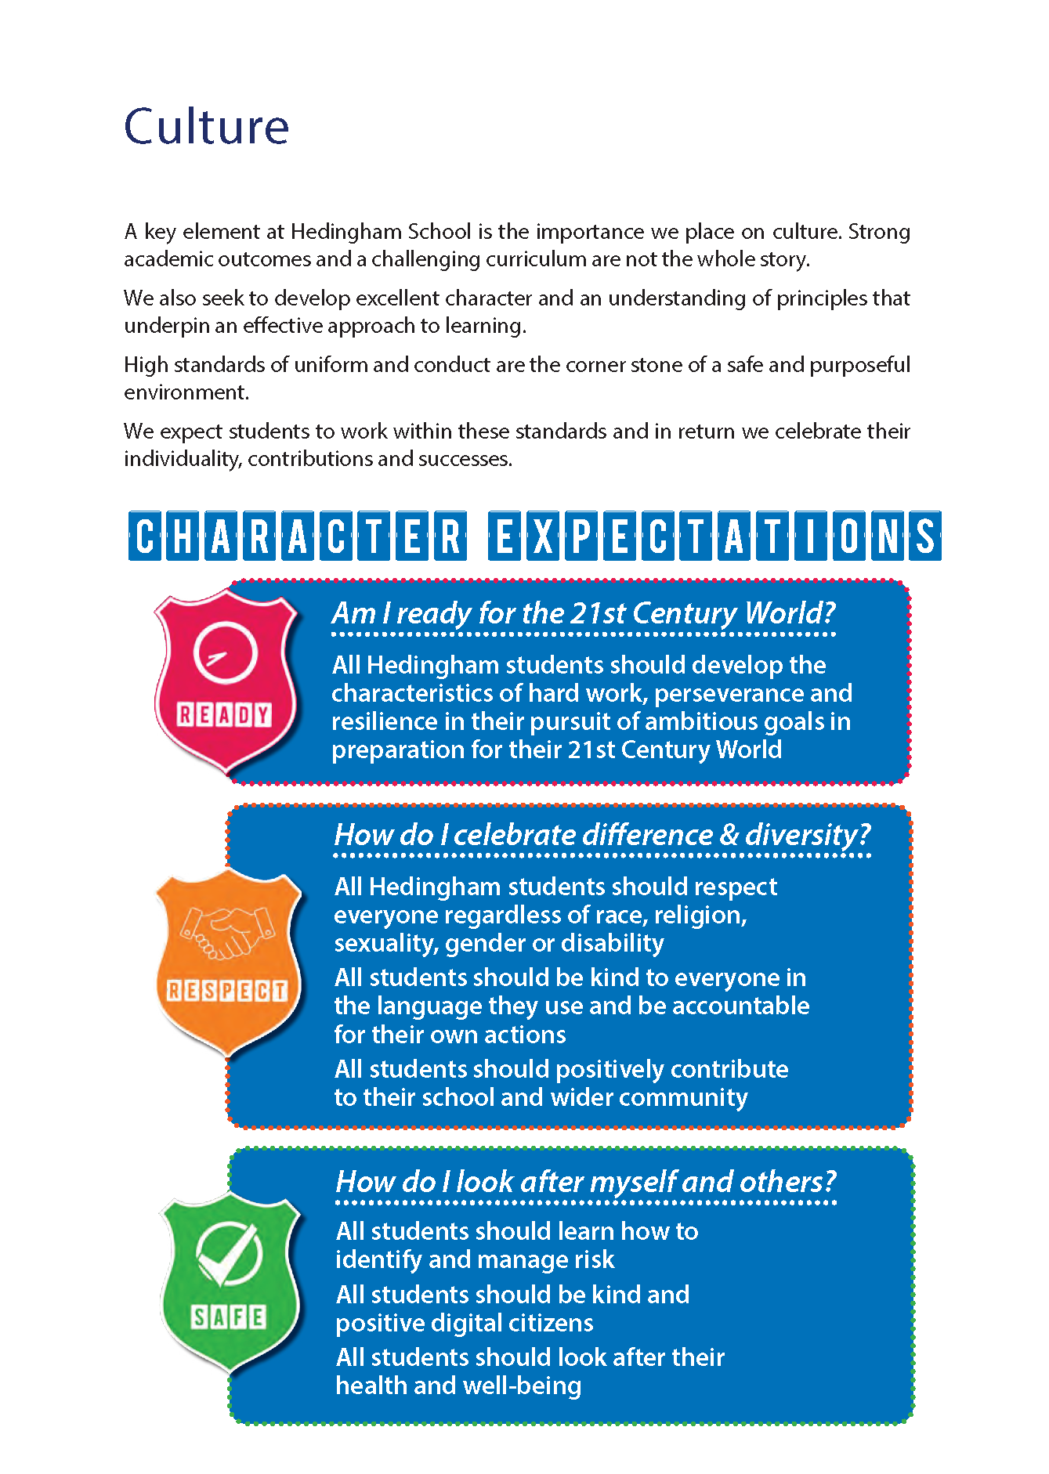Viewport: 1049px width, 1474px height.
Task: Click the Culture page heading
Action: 206,127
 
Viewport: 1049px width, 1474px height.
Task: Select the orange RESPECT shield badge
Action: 227,963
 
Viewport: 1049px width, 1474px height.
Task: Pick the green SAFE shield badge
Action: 230,1284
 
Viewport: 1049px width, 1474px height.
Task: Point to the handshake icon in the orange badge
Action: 227,931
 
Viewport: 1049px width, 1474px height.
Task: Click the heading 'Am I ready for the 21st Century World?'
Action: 583,612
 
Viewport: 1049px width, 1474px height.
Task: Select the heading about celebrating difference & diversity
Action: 602,835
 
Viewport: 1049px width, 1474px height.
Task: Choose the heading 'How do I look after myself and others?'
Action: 585,1181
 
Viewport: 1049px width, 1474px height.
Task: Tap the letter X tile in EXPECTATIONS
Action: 543,536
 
